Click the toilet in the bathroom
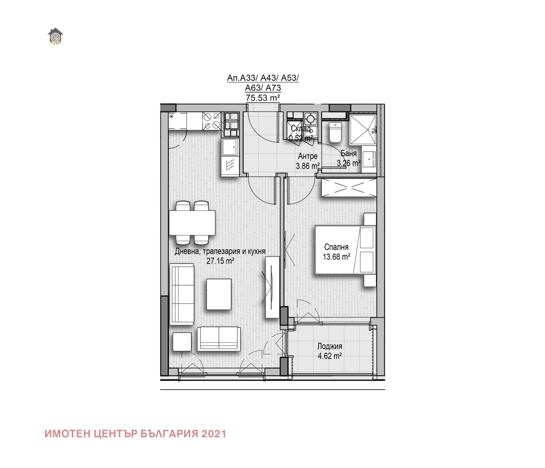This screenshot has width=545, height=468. (335, 133)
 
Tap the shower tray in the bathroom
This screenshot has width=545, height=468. (362, 130)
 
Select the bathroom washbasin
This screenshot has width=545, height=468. (369, 159)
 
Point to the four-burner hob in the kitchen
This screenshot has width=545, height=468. (211, 121)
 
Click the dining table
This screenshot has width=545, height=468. (192, 223)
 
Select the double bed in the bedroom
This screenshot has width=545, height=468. (345, 250)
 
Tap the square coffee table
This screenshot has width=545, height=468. (219, 294)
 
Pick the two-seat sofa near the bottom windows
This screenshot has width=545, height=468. (219, 339)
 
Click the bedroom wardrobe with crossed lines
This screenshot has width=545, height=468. (349, 187)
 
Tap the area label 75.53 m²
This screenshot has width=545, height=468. (263, 98)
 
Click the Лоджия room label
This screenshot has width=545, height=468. (329, 347)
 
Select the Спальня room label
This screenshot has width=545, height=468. (336, 247)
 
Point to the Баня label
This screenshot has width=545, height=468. (349, 153)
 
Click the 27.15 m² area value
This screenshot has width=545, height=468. (220, 261)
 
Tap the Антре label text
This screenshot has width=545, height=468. (308, 156)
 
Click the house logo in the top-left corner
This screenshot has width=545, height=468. (55, 36)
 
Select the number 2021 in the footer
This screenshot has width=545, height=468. (214, 434)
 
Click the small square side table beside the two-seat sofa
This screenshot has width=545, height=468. (182, 341)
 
